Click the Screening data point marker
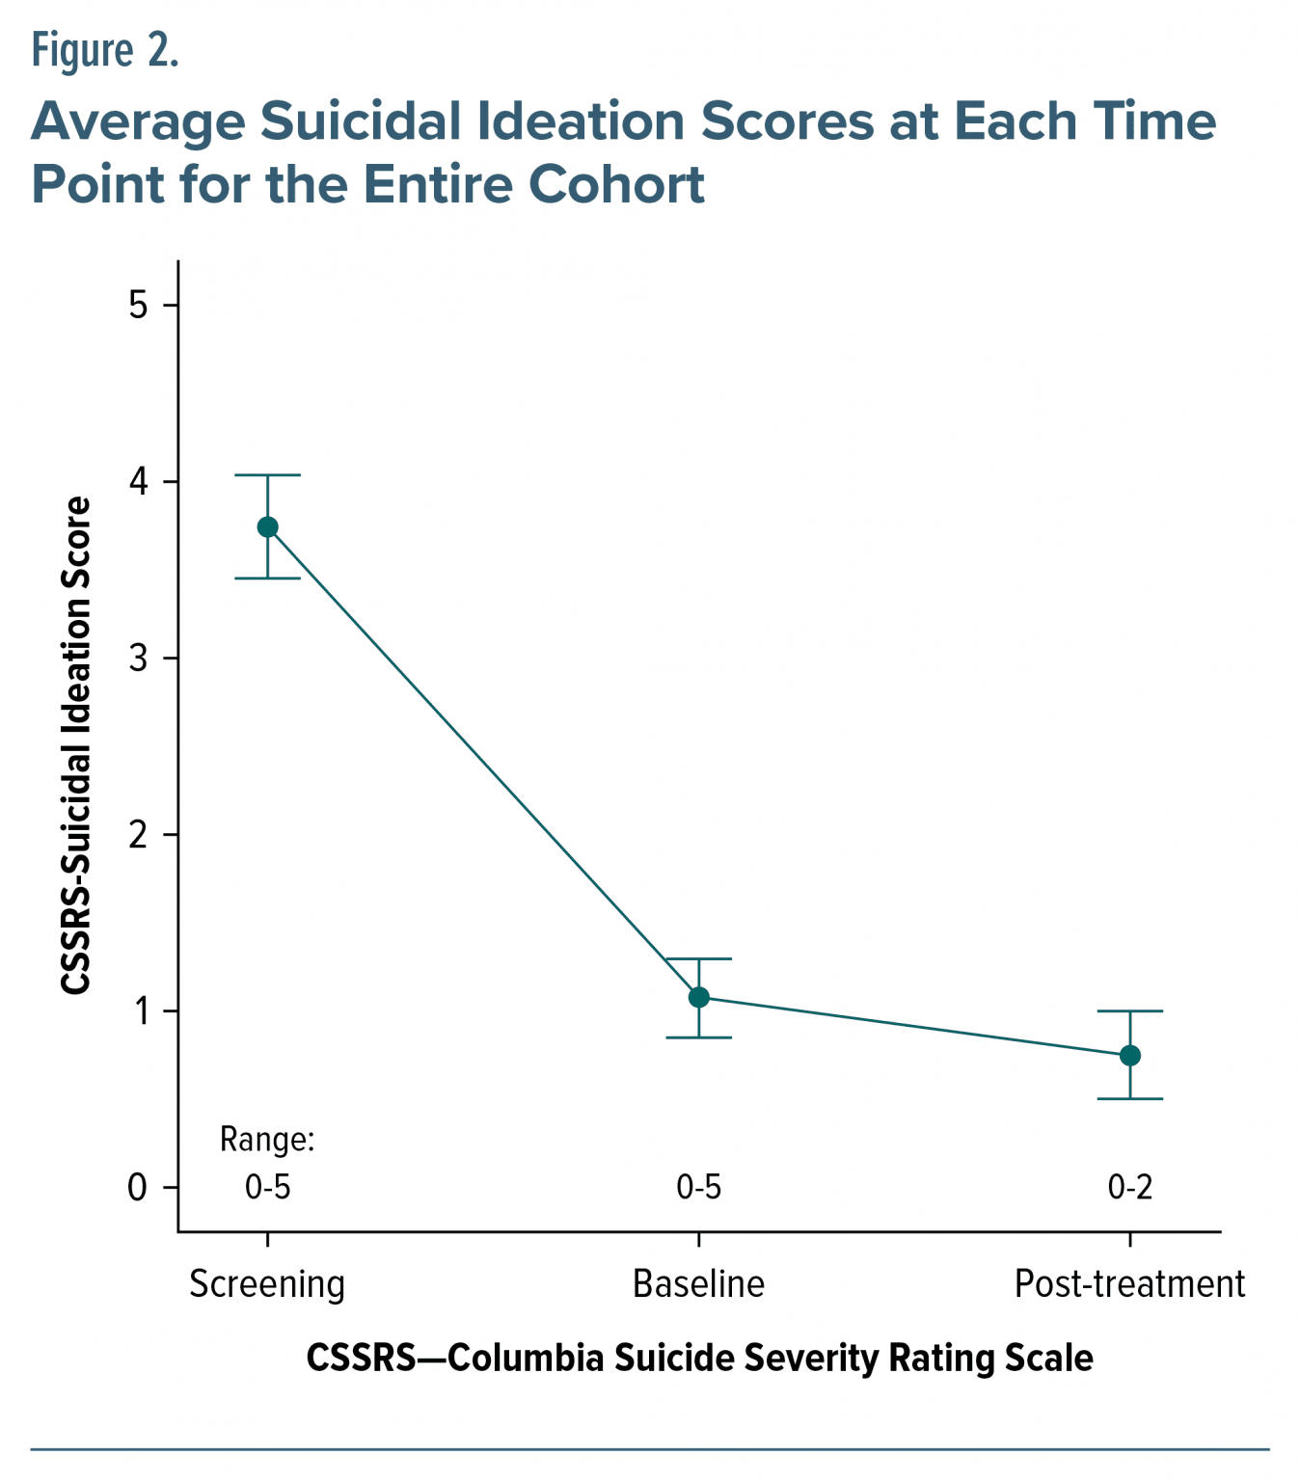(x=267, y=526)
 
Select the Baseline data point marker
(x=698, y=997)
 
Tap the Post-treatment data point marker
(x=1129, y=1056)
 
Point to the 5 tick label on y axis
(x=138, y=306)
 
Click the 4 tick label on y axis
(x=138, y=482)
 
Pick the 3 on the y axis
(x=138, y=659)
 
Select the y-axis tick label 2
(x=138, y=835)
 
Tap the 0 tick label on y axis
(x=138, y=1188)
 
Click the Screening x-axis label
(x=267, y=1285)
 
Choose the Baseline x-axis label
(x=698, y=1284)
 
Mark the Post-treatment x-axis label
(x=1129, y=1284)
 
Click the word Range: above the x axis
(x=267, y=1140)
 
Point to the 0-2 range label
(x=1129, y=1188)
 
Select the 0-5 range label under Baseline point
(x=698, y=1188)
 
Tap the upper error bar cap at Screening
(x=267, y=475)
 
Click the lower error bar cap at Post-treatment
(x=1129, y=1099)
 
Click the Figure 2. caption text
(x=105, y=50)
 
